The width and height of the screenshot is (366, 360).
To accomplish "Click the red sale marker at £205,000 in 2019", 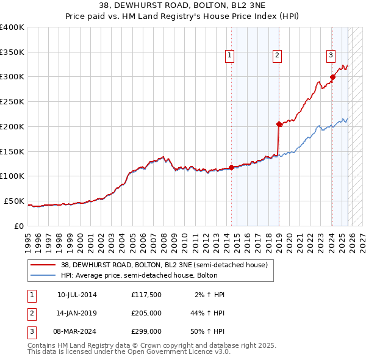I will pyautogui.click(x=279, y=124).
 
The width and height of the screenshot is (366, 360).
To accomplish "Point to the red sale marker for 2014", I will pyautogui.click(x=232, y=167).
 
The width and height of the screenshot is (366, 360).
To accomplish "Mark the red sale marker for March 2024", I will pyautogui.click(x=332, y=77).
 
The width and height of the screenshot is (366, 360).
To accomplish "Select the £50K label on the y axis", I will pyautogui.click(x=15, y=201).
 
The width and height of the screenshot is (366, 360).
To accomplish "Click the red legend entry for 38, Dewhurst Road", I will pyautogui.click(x=164, y=265).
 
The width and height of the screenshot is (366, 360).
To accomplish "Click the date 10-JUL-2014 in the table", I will pyautogui.click(x=76, y=295).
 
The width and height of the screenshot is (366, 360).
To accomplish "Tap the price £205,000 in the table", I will pyautogui.click(x=146, y=313).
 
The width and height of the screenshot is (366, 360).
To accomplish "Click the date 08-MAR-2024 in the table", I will pyautogui.click(x=76, y=331).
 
